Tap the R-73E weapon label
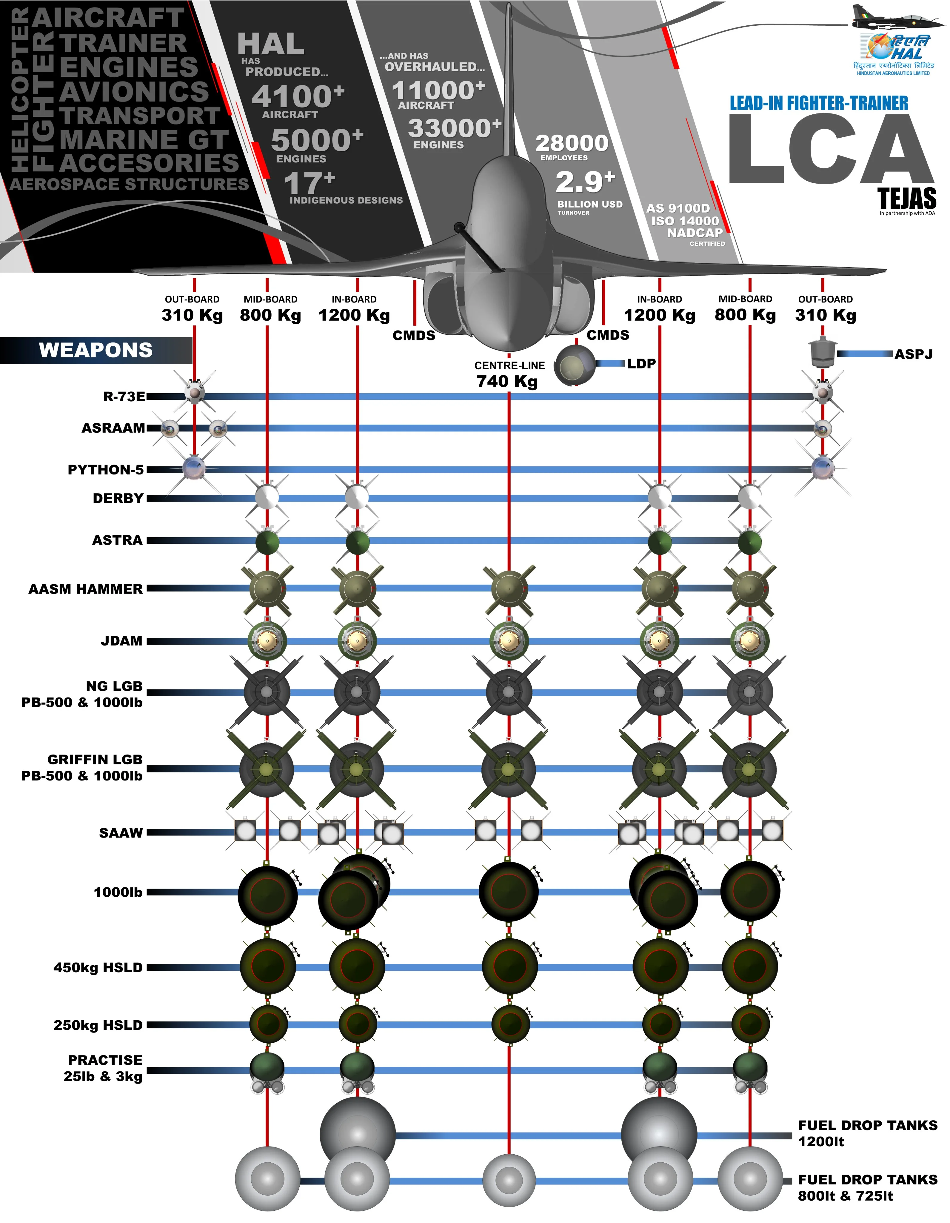(124, 397)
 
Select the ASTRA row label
(118, 540)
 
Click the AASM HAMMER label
(86, 589)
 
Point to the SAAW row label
(121, 833)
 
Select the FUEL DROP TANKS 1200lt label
(867, 1133)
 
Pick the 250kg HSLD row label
(98, 1025)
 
